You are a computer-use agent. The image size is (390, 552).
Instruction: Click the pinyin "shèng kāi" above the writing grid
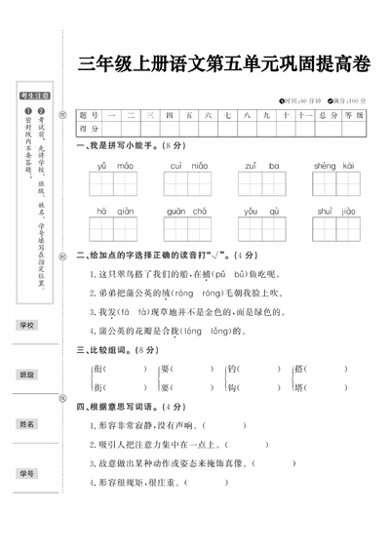[332, 167]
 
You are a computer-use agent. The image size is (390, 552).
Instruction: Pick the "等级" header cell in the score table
[353, 115]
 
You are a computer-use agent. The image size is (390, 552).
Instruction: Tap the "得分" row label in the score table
[89, 128]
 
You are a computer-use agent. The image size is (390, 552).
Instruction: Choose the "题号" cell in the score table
[89, 115]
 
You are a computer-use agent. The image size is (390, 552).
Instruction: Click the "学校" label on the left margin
[27, 325]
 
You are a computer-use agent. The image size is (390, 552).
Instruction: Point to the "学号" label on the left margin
[27, 474]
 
